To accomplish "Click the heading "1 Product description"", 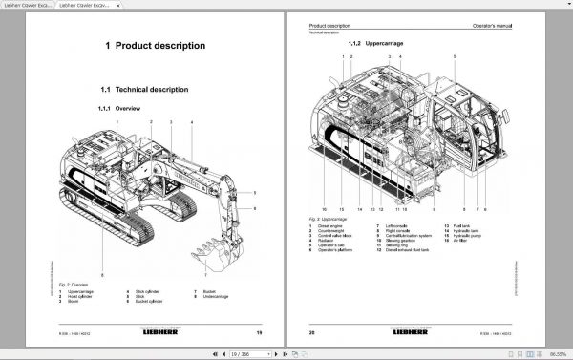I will coord(155,45).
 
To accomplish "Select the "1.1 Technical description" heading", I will coord(144,89).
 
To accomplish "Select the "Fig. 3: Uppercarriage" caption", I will coord(328,217).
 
